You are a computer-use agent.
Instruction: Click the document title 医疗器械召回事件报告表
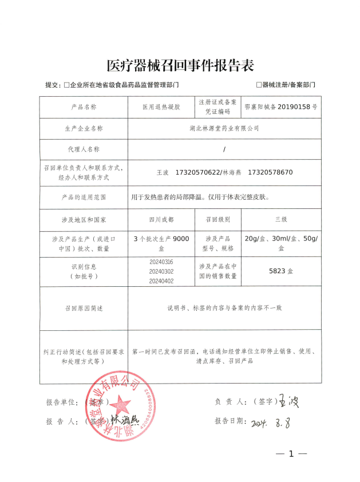point(180,65)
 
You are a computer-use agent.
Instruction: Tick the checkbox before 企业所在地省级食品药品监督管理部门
point(66,85)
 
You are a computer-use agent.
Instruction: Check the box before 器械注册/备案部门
point(259,85)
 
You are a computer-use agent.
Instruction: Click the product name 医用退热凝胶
point(161,107)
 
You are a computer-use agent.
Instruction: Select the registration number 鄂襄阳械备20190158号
point(280,107)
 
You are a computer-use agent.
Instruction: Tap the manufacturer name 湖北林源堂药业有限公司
point(224,129)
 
